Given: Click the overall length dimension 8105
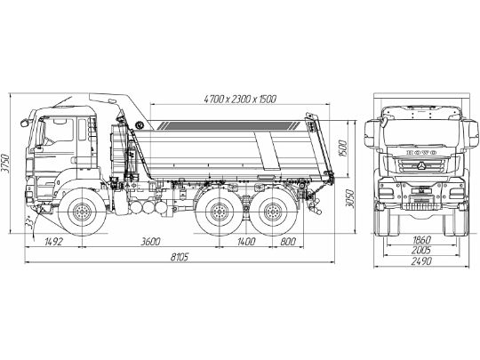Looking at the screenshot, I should tap(179, 259).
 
